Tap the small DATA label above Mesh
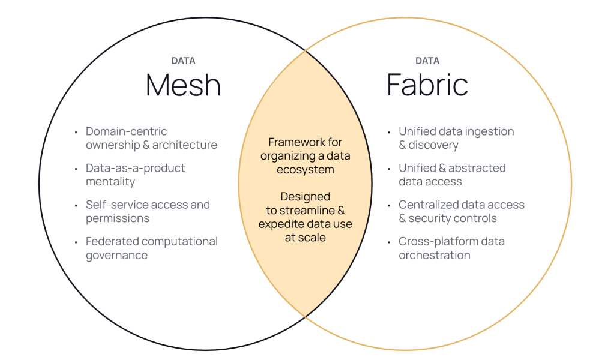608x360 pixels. (183, 61)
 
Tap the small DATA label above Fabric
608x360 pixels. (427, 61)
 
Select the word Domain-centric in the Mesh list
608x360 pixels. (126, 131)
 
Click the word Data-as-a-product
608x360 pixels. (135, 168)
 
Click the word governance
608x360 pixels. (116, 255)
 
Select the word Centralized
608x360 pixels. (428, 205)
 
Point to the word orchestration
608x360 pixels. (434, 255)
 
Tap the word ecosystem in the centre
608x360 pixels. (306, 170)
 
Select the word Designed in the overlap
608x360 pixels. (306, 197)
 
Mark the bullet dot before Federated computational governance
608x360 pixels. (76, 242)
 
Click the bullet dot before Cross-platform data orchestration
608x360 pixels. (389, 242)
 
